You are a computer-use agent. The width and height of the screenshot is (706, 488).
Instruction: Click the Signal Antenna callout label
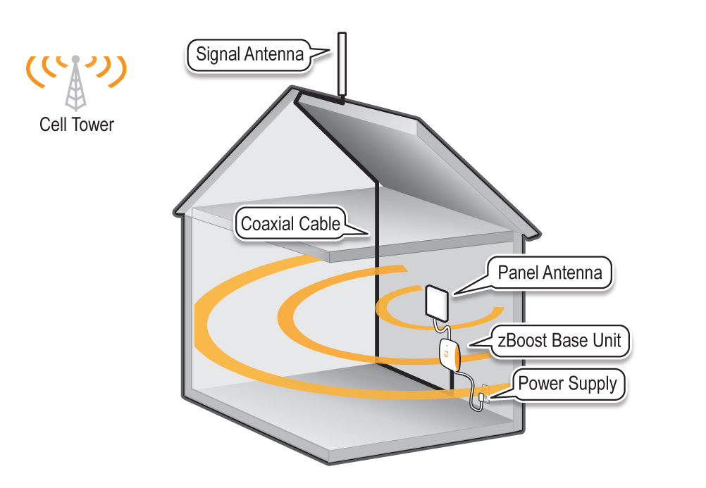pyautogui.click(x=249, y=54)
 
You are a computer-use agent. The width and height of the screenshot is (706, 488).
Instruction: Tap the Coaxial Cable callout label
pyautogui.click(x=291, y=224)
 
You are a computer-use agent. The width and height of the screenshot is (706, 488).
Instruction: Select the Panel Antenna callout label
pyautogui.click(x=550, y=272)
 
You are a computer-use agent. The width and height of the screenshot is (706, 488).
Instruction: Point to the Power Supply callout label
pyautogui.click(x=567, y=384)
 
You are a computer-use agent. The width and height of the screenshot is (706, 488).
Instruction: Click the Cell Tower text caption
pyautogui.click(x=77, y=125)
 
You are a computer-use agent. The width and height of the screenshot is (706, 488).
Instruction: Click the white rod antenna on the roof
pyautogui.click(x=342, y=63)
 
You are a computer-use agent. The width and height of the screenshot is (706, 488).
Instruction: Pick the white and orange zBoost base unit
pyautogui.click(x=449, y=354)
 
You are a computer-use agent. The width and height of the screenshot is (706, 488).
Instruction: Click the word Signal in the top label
pyautogui.click(x=218, y=54)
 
